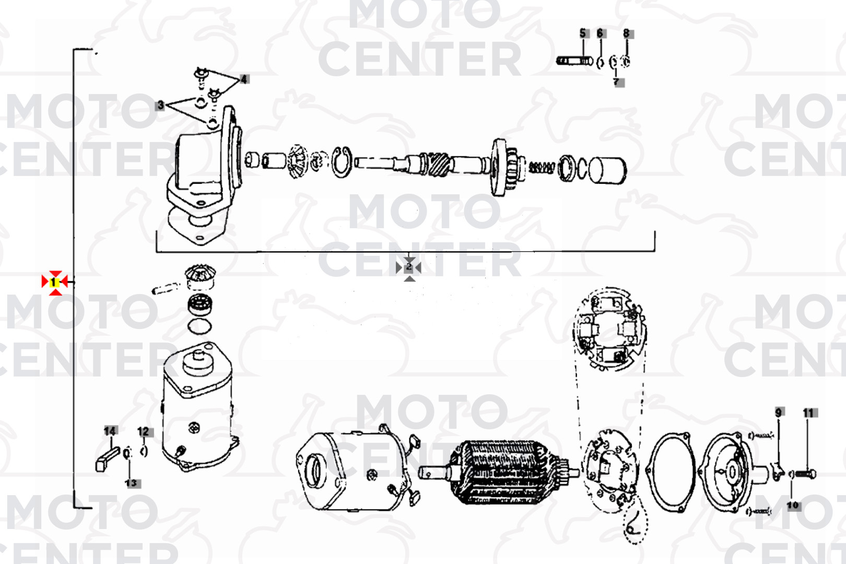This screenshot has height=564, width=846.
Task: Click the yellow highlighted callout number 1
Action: point(54,282)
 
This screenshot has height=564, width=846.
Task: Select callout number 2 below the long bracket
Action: point(409,267)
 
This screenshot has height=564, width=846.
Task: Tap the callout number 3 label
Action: point(160,105)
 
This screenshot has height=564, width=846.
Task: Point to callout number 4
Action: point(244,79)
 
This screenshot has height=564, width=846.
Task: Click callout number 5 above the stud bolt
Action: point(583,33)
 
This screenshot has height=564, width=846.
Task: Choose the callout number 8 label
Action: point(626,33)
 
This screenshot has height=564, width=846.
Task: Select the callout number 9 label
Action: point(779,413)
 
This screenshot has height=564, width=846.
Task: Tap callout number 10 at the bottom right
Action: point(792,505)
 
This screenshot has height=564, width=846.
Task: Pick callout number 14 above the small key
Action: point(110,431)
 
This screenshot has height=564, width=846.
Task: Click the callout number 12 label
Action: point(144,432)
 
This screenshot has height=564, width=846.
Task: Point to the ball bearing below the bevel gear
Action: point(200,305)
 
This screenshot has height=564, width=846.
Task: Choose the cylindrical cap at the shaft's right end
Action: point(607,171)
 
